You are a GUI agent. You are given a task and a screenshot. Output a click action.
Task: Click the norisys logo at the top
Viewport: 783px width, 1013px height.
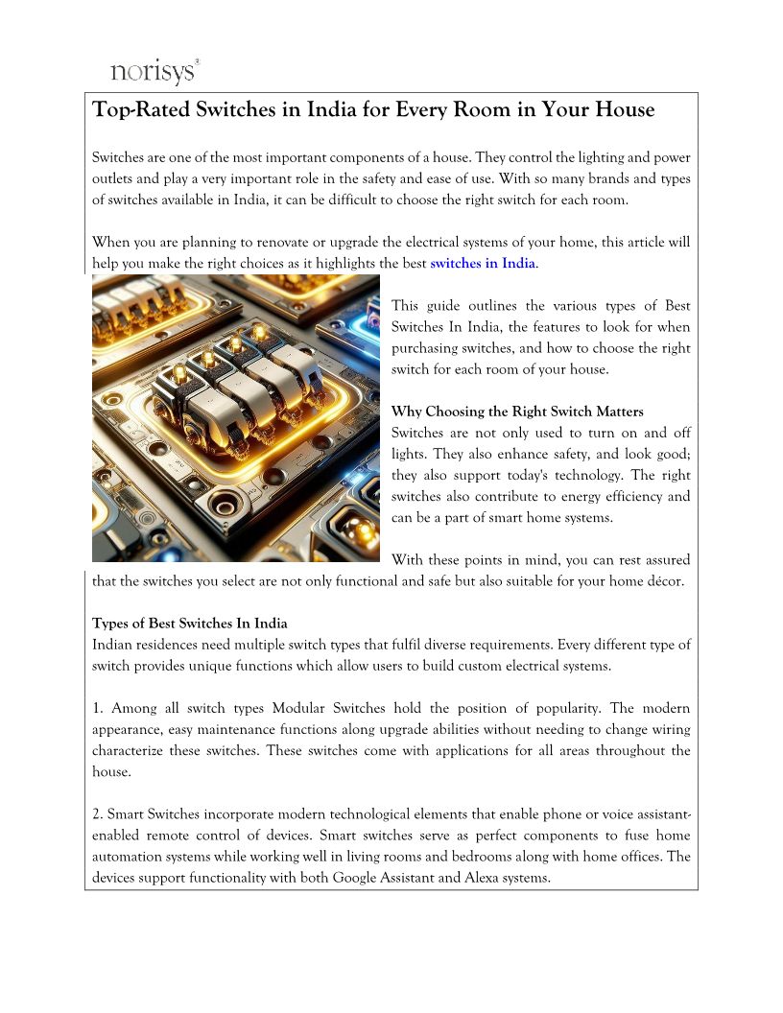pos(154,71)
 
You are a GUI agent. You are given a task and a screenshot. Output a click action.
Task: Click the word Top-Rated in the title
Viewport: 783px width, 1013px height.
pos(140,110)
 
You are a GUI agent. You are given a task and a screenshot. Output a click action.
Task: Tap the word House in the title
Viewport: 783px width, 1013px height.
pos(625,110)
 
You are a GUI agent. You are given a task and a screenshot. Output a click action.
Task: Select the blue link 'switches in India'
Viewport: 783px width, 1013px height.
pos(483,263)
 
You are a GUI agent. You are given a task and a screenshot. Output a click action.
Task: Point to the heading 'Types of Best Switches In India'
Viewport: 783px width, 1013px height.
pos(189,624)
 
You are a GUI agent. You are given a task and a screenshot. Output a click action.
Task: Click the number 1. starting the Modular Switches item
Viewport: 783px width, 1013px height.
pos(98,709)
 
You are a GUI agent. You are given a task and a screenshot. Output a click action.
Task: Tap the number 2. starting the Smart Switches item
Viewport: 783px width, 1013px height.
pos(98,814)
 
